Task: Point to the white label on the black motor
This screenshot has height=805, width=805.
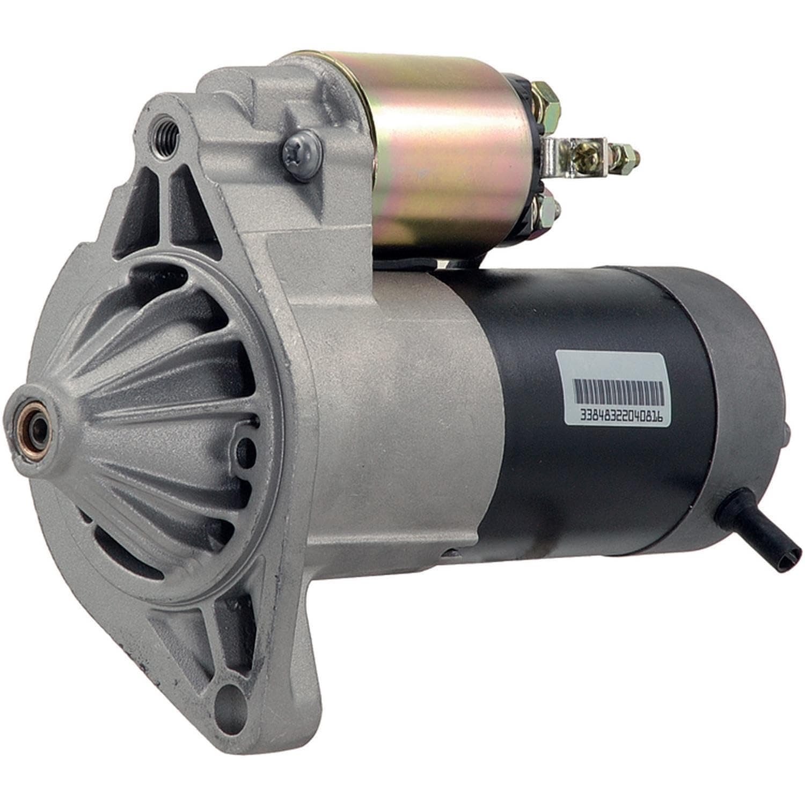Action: click(x=617, y=389)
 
